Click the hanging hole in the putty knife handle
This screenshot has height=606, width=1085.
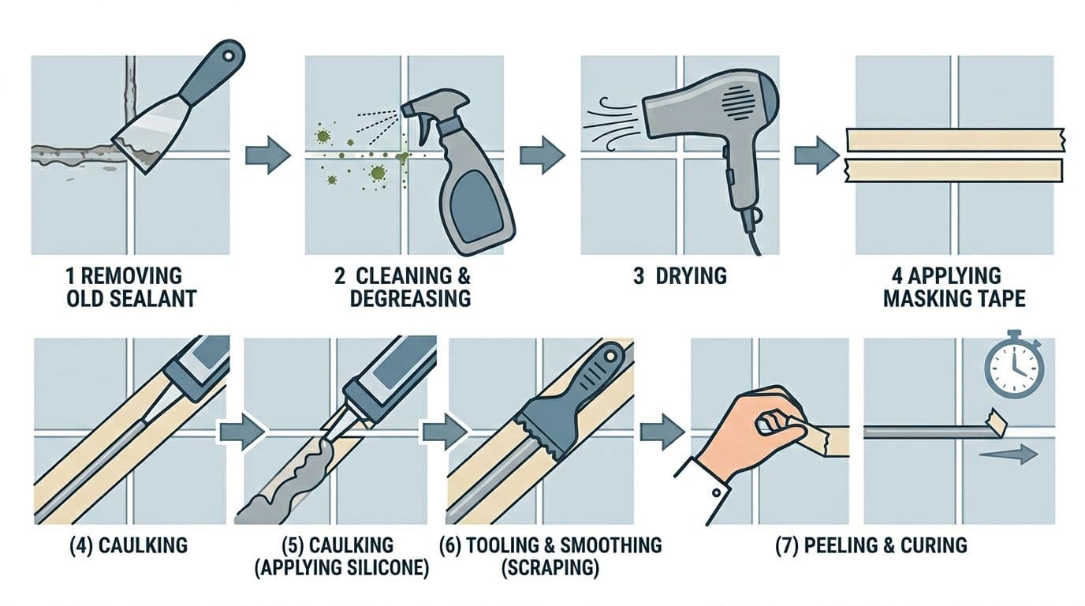click(230, 54)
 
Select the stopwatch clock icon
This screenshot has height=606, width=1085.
click(1013, 368)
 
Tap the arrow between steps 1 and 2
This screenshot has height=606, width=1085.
click(267, 155)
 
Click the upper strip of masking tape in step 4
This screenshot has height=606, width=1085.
click(954, 140)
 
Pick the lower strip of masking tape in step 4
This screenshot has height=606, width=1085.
click(954, 170)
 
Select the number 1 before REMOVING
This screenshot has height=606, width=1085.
click(72, 276)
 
